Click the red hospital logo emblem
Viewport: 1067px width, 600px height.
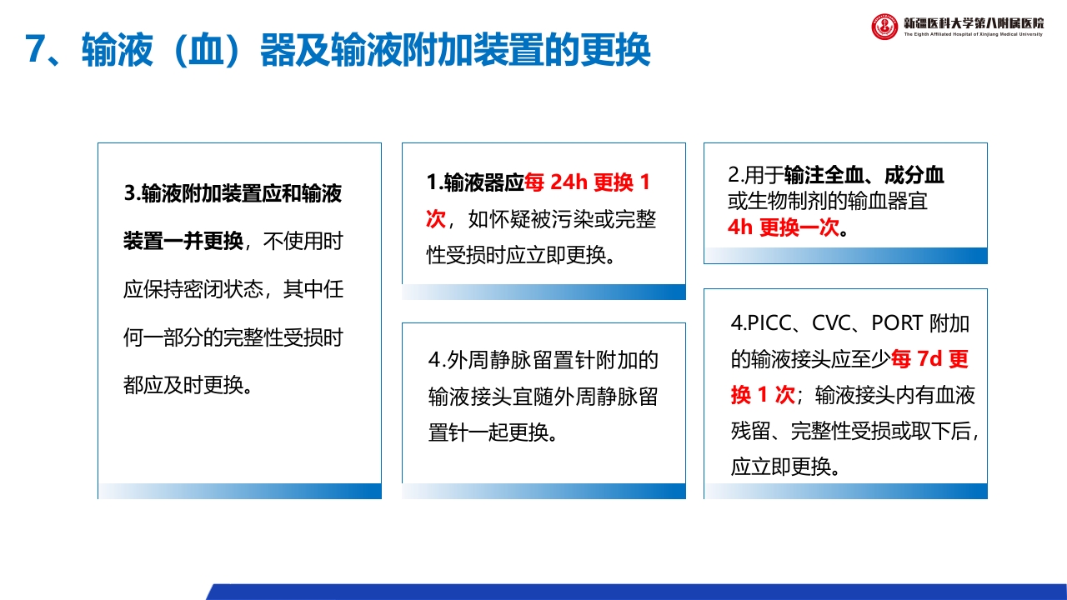click(884, 27)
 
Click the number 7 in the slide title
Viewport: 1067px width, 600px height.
click(34, 51)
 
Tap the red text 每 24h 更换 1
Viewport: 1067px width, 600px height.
click(588, 182)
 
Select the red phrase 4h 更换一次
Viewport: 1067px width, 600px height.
click(783, 227)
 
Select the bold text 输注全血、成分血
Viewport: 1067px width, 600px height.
click(864, 176)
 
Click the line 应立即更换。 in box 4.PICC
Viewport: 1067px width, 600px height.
click(784, 466)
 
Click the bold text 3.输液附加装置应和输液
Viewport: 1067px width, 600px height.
click(233, 194)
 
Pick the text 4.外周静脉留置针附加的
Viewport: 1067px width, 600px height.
click(544, 360)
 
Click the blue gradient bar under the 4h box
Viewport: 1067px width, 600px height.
click(845, 256)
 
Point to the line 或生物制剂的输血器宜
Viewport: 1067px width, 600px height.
click(828, 201)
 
